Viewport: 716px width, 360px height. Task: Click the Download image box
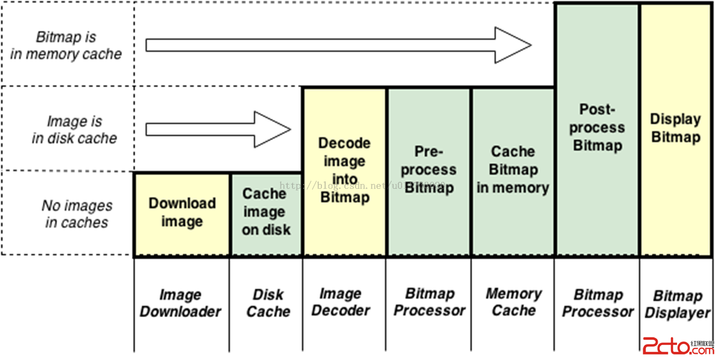[182, 214]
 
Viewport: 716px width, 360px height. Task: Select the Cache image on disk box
[266, 214]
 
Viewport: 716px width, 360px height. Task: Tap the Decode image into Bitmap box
[344, 171]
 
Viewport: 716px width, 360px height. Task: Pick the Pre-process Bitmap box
[428, 171]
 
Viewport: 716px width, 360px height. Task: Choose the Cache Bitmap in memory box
[513, 171]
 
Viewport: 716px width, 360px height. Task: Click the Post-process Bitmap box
[597, 128]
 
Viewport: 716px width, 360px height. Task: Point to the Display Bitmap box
[676, 128]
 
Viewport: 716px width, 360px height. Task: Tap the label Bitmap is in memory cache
[66, 45]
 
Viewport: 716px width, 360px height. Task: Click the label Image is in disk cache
[74, 129]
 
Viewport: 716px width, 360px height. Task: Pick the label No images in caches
[77, 214]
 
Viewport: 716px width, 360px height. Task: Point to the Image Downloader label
[180, 303]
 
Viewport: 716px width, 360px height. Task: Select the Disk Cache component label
[268, 303]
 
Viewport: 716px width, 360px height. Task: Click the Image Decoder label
[341, 302]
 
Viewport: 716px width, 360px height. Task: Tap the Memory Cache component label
[513, 302]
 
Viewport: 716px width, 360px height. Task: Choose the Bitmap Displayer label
[677, 304]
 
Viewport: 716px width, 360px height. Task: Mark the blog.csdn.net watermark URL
[364, 186]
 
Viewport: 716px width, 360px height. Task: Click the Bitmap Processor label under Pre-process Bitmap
[429, 302]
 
